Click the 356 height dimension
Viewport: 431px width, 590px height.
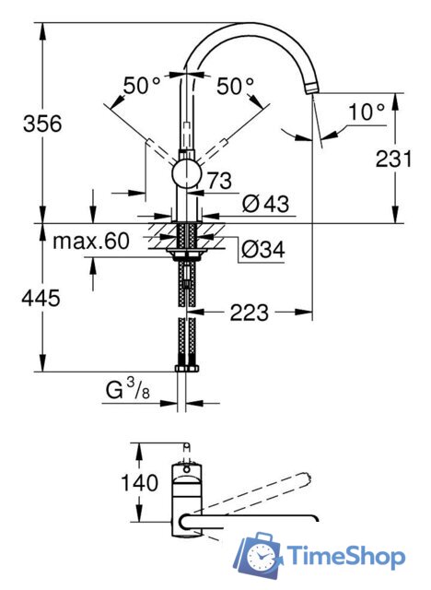pos(43,124)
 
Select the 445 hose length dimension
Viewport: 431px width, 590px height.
pos(43,297)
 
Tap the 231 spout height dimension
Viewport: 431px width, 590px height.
pos(394,158)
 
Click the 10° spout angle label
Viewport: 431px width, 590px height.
pos(366,112)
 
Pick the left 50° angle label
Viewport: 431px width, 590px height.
pos(143,86)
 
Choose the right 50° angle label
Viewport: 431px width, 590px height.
pos(236,86)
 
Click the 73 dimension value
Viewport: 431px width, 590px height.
pos(219,181)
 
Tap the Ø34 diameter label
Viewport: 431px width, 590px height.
pos(260,247)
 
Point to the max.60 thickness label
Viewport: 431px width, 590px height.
pos(90,242)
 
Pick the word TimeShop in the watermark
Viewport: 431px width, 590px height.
pos(345,556)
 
